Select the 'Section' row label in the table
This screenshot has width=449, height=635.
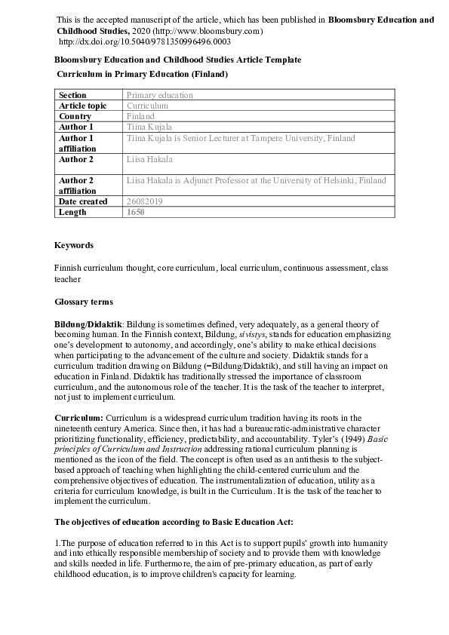coord(72,95)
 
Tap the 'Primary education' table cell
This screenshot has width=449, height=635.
coord(159,95)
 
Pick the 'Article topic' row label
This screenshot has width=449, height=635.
coord(82,106)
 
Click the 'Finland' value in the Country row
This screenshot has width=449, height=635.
coord(140,117)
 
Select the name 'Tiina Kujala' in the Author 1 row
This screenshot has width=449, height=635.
coord(149,127)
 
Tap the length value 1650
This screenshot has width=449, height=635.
coord(135,213)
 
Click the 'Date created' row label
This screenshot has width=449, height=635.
coord(84,201)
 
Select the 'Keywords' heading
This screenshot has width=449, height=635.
coord(74,245)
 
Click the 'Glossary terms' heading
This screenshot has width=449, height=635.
coord(83,302)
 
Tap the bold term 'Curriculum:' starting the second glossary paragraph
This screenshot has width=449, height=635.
coord(79,418)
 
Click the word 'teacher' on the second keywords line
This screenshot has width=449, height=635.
coord(67,278)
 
